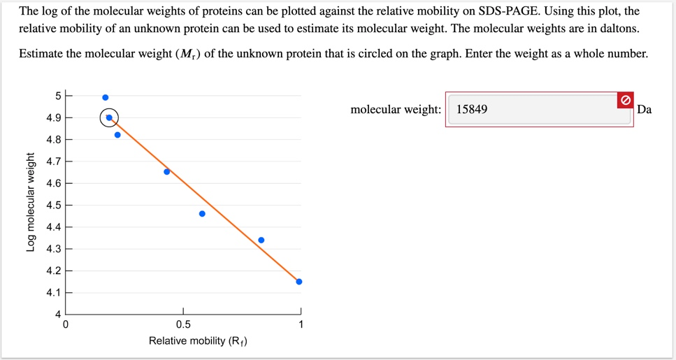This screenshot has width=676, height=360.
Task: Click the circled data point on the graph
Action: point(109,117)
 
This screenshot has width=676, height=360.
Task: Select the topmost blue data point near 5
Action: point(106,97)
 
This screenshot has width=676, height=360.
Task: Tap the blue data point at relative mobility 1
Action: point(299,282)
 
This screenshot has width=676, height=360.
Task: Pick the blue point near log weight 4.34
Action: point(261,240)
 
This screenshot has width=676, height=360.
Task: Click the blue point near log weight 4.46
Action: point(202,214)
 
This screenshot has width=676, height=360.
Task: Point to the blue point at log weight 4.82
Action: point(117,135)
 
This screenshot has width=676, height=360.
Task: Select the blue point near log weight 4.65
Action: point(166,171)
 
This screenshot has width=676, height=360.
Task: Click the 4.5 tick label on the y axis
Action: point(53,206)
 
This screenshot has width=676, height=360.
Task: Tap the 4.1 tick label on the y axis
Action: point(53,293)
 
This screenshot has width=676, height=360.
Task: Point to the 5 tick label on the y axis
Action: point(58,96)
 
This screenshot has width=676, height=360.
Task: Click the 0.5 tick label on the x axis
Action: point(183,324)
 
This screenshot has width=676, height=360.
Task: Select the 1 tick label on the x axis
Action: point(301,324)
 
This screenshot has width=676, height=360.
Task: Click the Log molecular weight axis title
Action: point(29,202)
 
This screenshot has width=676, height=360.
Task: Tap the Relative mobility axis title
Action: point(198,341)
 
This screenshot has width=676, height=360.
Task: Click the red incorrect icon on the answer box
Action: point(626,100)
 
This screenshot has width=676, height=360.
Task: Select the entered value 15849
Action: point(472,110)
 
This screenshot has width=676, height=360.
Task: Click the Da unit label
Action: point(645,110)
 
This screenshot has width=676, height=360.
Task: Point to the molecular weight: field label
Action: point(396,110)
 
